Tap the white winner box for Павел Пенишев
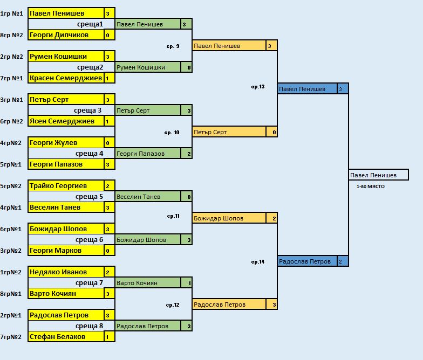(379, 175)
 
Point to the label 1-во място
(370, 186)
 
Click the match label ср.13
(258, 87)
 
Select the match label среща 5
(90, 197)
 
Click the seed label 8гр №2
(12, 35)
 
